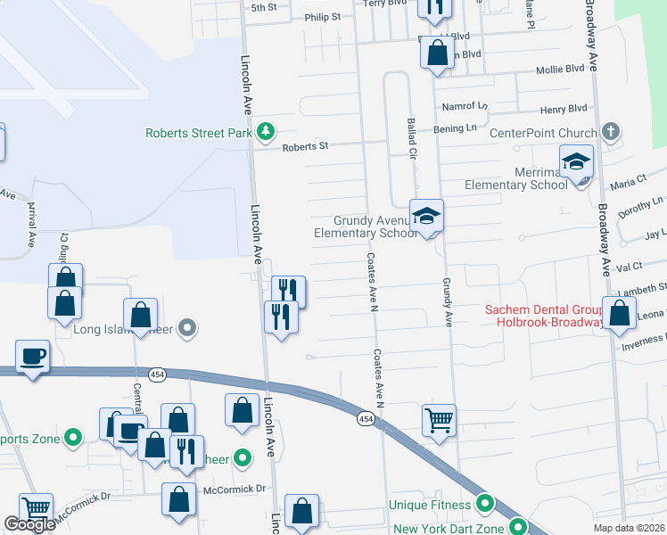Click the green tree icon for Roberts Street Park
pyautogui.click(x=265, y=133)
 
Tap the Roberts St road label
pyautogui.click(x=306, y=146)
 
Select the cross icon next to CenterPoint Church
pyautogui.click(x=610, y=133)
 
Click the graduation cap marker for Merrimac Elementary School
pyautogui.click(x=576, y=162)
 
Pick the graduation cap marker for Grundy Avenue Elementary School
pyautogui.click(x=427, y=216)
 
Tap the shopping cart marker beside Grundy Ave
pyautogui.click(x=439, y=419)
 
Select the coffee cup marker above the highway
pyautogui.click(x=33, y=357)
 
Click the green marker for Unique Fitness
pyautogui.click(x=485, y=505)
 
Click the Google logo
pyautogui.click(x=30, y=525)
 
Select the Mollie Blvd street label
pyautogui.click(x=560, y=70)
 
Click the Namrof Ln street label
pyautogui.click(x=465, y=106)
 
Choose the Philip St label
pyautogui.click(x=323, y=17)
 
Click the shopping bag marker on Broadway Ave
pyautogui.click(x=621, y=314)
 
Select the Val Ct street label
pyautogui.click(x=630, y=267)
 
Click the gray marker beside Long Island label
pyautogui.click(x=186, y=329)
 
